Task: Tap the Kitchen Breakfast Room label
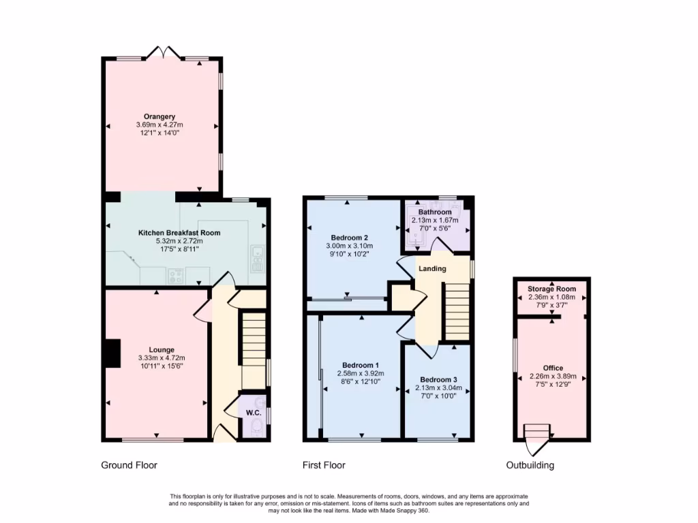pyautogui.click(x=179, y=233)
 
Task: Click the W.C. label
pyautogui.click(x=254, y=413)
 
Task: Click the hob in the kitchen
pyautogui.click(x=176, y=276)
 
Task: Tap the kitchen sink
pyautogui.click(x=257, y=255)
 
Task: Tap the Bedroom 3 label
pyautogui.click(x=438, y=379)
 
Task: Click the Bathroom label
pyautogui.click(x=435, y=212)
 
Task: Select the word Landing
pyautogui.click(x=432, y=268)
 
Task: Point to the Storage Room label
pyautogui.click(x=551, y=289)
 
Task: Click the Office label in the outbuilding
pyautogui.click(x=553, y=368)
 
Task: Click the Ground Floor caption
pyautogui.click(x=129, y=466)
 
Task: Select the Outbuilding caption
pyautogui.click(x=530, y=466)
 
